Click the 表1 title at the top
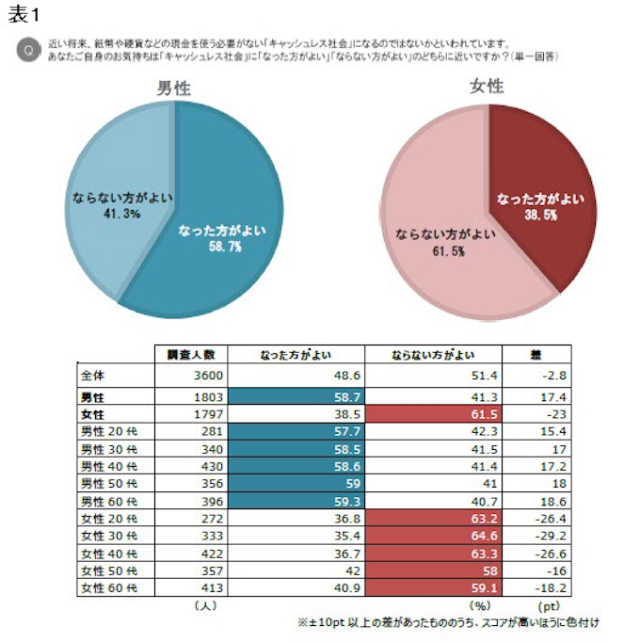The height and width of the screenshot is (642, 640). tap(24, 15)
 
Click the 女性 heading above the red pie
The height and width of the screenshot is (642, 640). tap(487, 87)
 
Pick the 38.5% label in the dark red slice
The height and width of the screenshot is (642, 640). tap(540, 215)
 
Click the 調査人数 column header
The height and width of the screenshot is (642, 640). tap(191, 355)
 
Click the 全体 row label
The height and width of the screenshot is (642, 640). tap(93, 375)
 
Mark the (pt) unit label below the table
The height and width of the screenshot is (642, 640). tap(549, 606)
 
